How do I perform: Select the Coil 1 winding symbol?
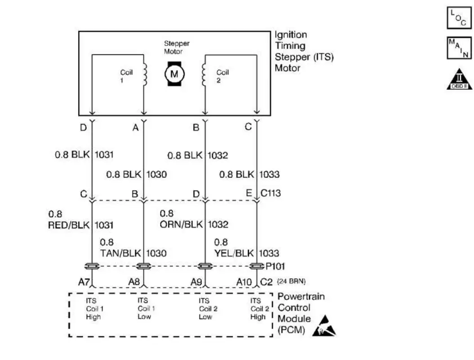(x=145, y=74)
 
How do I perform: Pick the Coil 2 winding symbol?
(x=204, y=74)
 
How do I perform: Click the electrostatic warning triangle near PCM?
(x=327, y=326)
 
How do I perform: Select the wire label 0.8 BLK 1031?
(x=84, y=155)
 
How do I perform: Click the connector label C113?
(x=270, y=193)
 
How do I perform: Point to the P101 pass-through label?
(x=275, y=266)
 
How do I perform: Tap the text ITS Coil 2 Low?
(x=206, y=309)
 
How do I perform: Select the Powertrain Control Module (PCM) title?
(x=301, y=313)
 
